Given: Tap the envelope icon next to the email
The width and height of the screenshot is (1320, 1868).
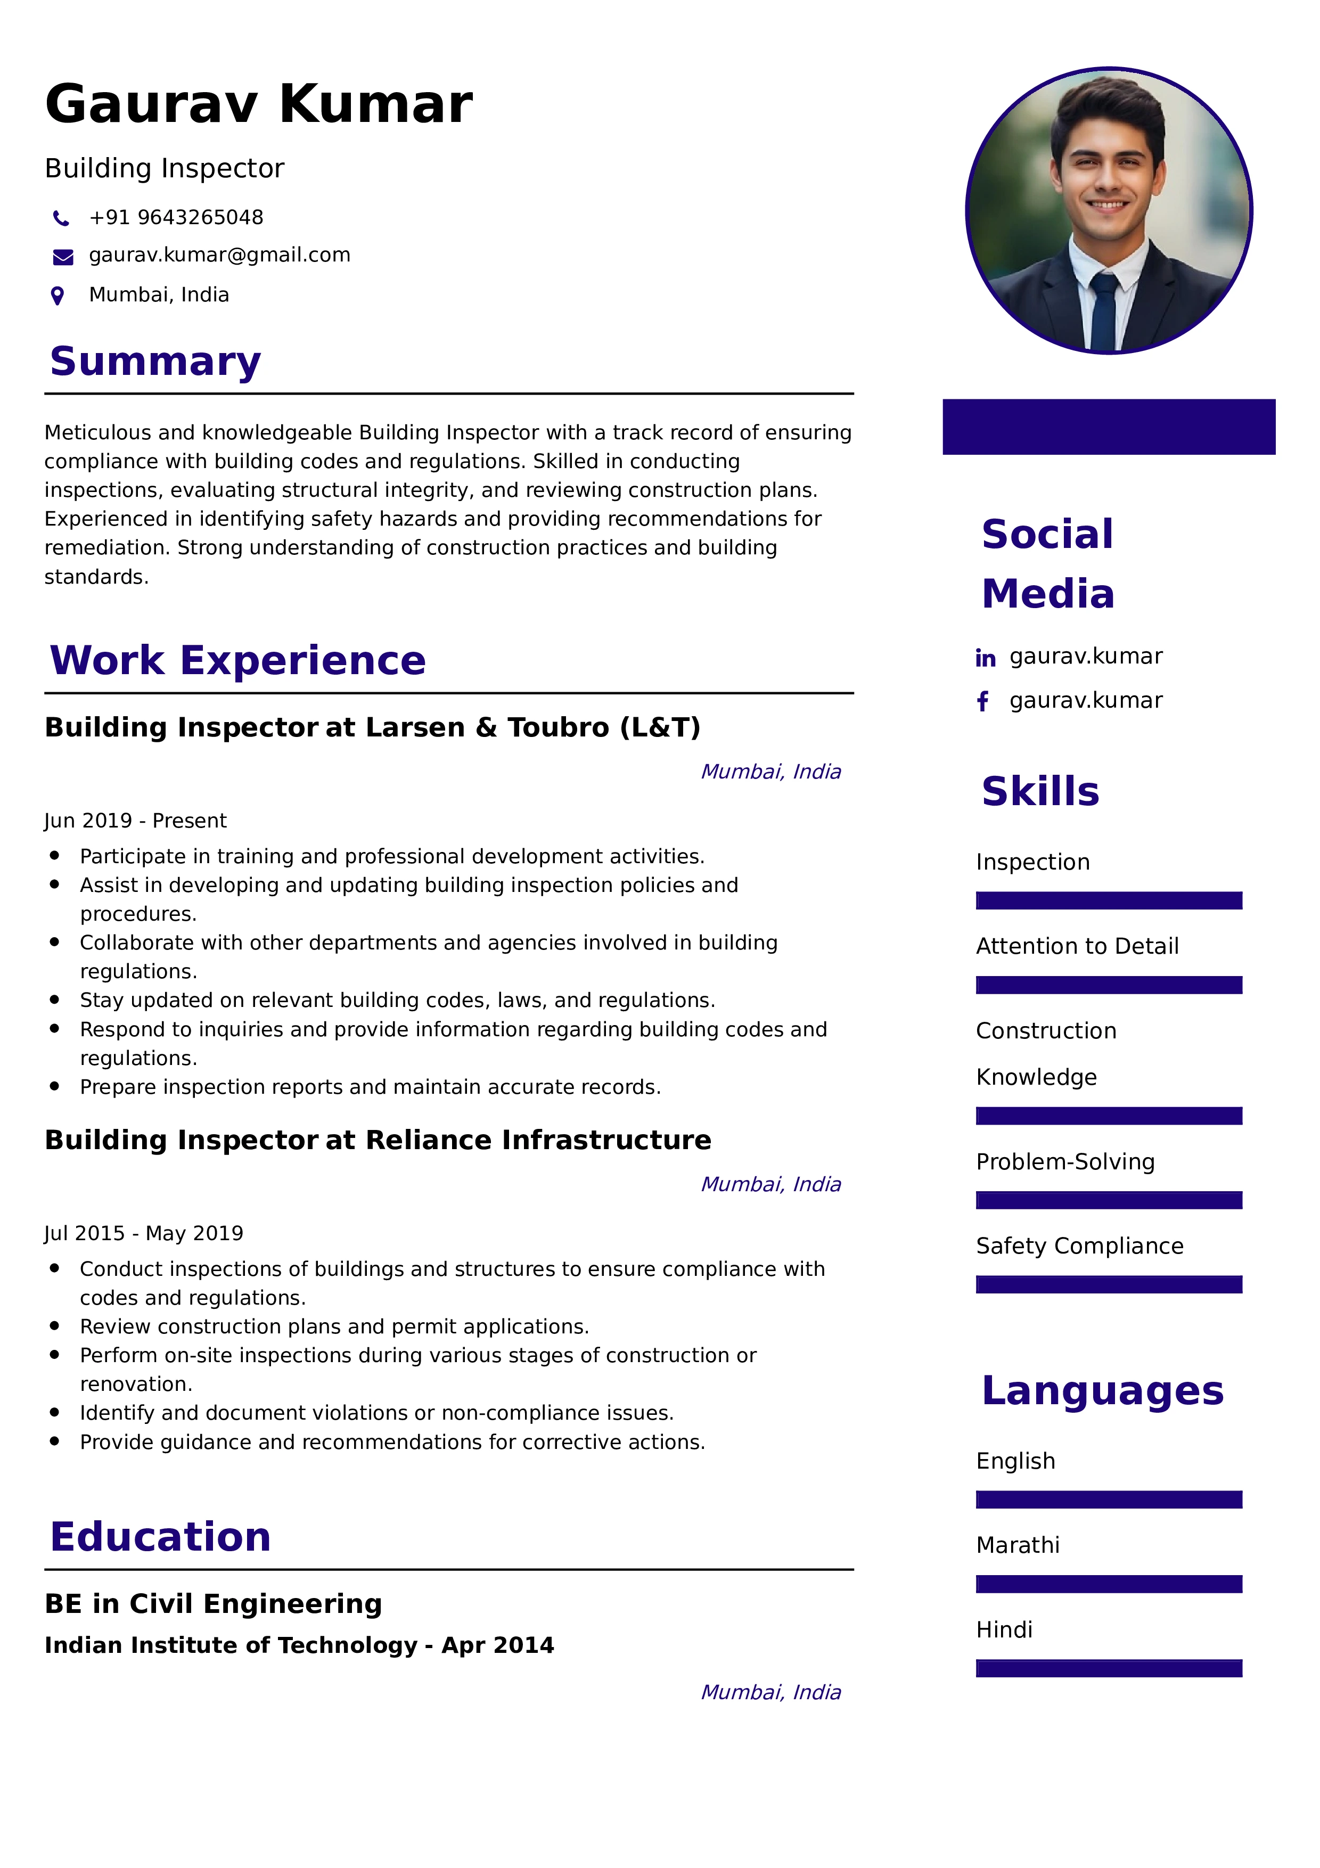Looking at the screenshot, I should point(63,257).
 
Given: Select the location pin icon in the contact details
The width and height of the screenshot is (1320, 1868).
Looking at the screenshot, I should point(58,296).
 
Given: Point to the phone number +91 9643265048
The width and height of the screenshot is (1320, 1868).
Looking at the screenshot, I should point(176,217).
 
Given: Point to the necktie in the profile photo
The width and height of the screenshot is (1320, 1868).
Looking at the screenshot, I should point(1104,309).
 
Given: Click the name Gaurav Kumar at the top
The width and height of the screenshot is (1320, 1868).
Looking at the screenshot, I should point(259,104).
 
